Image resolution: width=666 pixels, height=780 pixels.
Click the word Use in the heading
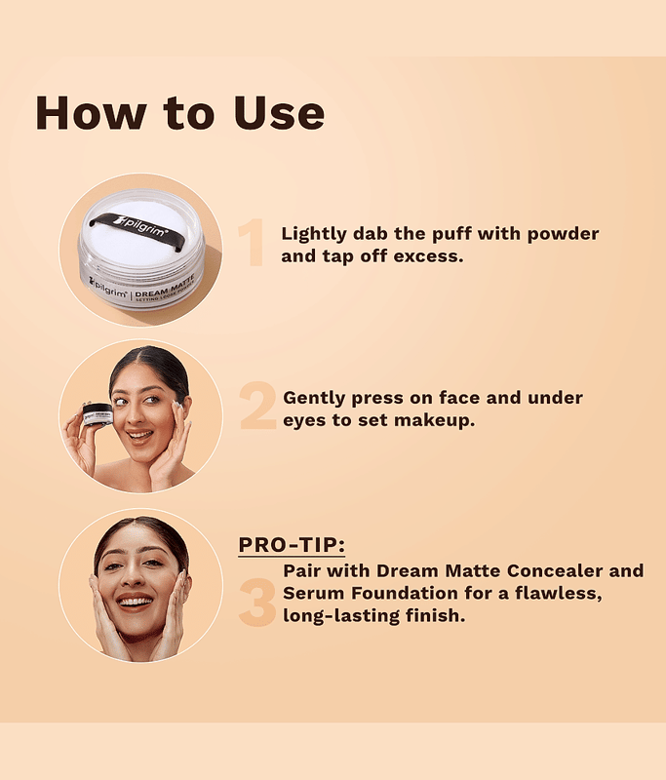279,113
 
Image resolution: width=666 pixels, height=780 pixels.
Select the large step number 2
257,406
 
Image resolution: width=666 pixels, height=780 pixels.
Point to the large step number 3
257,603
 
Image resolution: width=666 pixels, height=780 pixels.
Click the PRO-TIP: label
292,545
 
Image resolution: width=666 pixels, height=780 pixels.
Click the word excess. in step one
428,256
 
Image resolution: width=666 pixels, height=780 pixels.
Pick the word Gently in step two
315,399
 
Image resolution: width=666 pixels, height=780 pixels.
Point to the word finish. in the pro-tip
435,615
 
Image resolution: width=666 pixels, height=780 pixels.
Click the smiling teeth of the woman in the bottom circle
136,602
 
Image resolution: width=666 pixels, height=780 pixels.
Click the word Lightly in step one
314,234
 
